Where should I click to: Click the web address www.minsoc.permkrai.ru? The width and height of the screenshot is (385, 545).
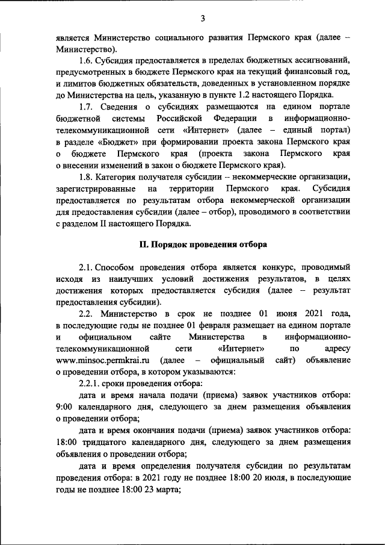click(102, 360)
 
